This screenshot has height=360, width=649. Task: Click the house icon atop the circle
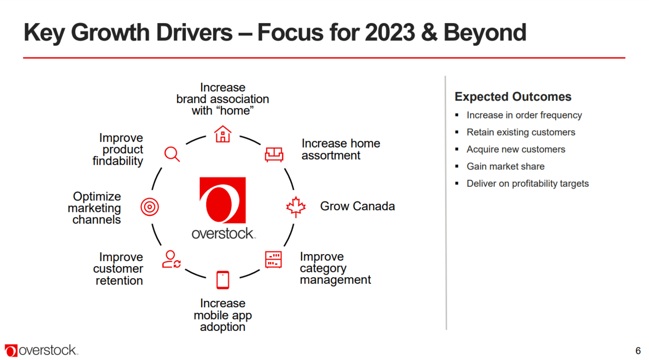pyautogui.click(x=223, y=134)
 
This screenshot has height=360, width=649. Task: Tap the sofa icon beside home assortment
pyautogui.click(x=274, y=154)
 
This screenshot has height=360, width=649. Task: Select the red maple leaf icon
pyautogui.click(x=296, y=207)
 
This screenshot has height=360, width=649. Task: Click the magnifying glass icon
pyautogui.click(x=172, y=154)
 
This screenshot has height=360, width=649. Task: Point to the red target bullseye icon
pyautogui.click(x=150, y=207)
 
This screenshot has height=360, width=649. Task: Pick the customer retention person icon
pyautogui.click(x=171, y=259)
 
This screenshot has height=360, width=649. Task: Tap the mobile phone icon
pyautogui.click(x=223, y=280)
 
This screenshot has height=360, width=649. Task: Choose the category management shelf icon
pyautogui.click(x=273, y=260)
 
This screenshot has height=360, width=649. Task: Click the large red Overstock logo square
pyautogui.click(x=223, y=200)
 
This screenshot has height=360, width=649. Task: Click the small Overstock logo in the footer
pyautogui.click(x=41, y=350)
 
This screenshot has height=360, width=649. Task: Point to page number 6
pyautogui.click(x=638, y=351)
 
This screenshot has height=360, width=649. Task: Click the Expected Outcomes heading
pyautogui.click(x=513, y=96)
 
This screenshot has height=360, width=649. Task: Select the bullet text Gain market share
pyautogui.click(x=505, y=166)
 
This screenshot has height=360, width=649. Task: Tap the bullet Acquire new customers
pyautogui.click(x=516, y=149)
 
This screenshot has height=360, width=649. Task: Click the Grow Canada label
pyautogui.click(x=357, y=206)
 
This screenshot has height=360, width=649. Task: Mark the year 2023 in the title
pyautogui.click(x=390, y=32)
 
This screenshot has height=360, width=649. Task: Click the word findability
pyautogui.click(x=118, y=161)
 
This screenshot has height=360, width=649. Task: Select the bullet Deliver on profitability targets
pyautogui.click(x=527, y=184)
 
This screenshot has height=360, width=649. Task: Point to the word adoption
pyautogui.click(x=223, y=327)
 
